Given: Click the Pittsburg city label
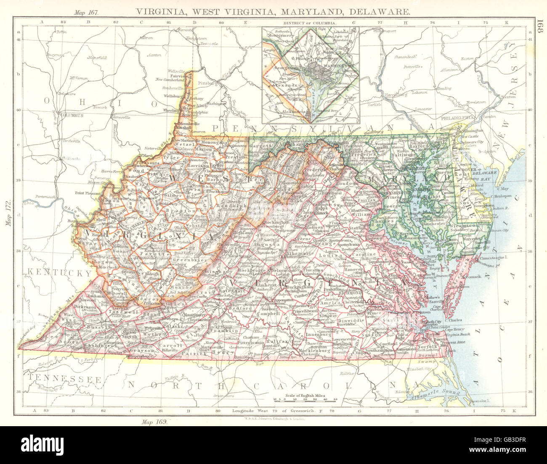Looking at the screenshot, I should (207, 84).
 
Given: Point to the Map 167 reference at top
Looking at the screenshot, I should (86, 13).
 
